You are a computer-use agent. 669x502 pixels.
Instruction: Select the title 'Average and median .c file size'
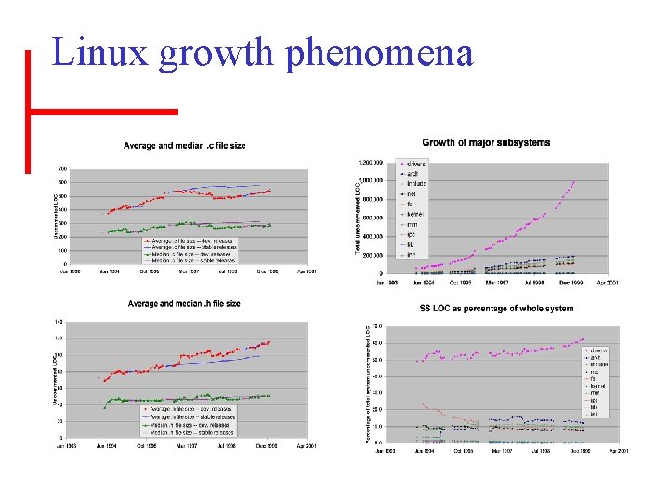coord(185,146)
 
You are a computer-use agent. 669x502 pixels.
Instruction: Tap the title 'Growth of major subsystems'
coord(486,143)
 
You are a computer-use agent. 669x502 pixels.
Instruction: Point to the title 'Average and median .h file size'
coord(184,304)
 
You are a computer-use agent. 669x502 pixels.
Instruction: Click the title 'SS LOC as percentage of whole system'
coord(496,309)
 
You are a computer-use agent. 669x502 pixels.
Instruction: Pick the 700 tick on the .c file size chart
coord(63,169)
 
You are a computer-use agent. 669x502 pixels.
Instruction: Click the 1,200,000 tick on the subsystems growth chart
coord(371,162)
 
